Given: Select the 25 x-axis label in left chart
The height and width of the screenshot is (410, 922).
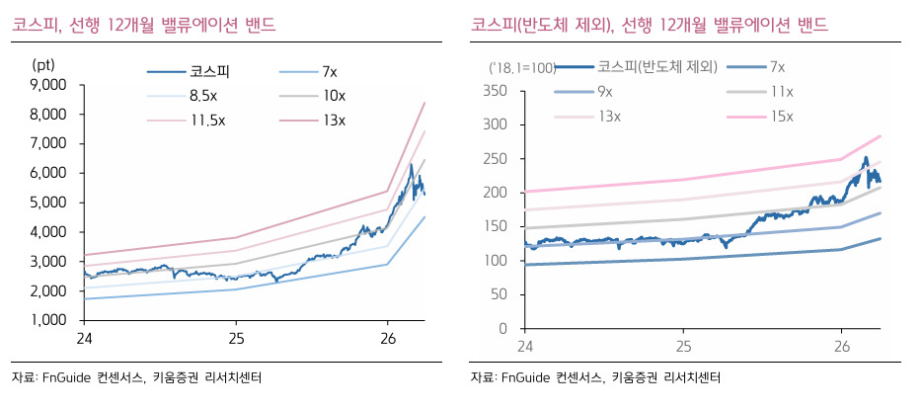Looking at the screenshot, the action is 236,339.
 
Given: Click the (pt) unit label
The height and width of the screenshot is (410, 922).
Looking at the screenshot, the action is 42,64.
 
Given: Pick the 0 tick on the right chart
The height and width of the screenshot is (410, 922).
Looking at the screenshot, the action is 501,329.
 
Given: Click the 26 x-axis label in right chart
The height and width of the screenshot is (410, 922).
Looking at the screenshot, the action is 841,347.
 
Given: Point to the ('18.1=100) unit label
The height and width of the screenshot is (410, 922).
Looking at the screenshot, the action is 522,68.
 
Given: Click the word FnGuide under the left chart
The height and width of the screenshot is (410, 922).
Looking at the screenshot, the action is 65,377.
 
